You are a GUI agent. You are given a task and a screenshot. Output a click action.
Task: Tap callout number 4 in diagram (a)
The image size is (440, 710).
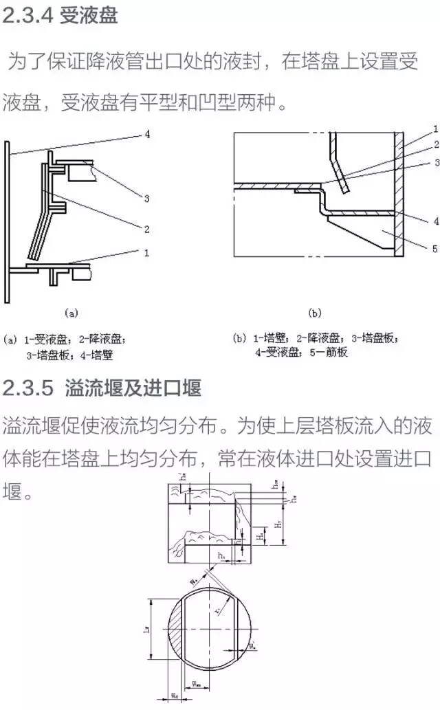click(147, 135)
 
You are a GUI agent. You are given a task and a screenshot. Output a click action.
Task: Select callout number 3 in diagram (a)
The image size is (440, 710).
click(146, 199)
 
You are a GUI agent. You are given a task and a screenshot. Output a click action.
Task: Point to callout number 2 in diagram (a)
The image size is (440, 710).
click(146, 228)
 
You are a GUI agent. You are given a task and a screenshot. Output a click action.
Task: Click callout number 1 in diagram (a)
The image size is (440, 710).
click(146, 252)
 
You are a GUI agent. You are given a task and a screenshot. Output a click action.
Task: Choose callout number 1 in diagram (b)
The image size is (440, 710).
click(435, 129)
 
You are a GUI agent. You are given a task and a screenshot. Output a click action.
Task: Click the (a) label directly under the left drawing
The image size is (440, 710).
click(71, 313)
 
